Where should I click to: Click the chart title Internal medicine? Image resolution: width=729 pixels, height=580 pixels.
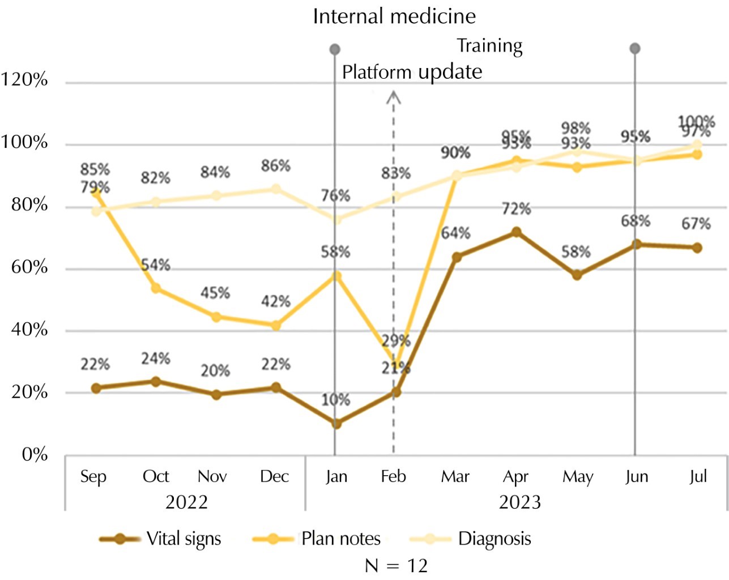pos(394,16)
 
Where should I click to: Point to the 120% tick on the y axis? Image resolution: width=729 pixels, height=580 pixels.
pos(24,80)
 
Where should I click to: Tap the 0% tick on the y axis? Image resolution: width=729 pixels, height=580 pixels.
pos(35,454)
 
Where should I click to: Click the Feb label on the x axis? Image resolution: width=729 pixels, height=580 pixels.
pos(393,476)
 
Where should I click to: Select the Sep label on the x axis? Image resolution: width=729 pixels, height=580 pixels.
pos(93,476)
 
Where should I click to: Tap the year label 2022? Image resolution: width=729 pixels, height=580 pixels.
pos(186,502)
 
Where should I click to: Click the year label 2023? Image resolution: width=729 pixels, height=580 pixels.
pos(519,502)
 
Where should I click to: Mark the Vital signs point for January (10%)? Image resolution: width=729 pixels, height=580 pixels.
pos(336,423)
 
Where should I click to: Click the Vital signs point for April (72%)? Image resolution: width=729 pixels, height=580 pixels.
pos(516,232)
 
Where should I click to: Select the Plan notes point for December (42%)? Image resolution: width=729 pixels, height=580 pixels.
pos(276,326)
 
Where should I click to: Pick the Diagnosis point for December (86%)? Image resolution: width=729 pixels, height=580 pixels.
pos(276,189)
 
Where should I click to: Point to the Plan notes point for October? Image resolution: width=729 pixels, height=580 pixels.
pos(156,288)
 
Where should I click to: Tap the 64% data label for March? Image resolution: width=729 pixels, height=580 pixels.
pos(455,233)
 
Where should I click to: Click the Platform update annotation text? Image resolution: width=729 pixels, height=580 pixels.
pos(412,72)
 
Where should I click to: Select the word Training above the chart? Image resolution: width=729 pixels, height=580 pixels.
pos(489,45)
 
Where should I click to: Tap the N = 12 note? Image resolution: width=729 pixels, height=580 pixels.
pos(396,565)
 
